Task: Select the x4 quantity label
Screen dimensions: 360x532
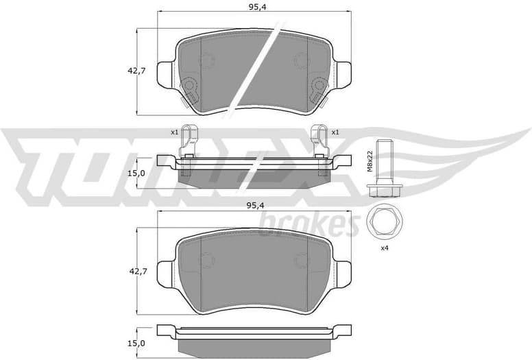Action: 385,248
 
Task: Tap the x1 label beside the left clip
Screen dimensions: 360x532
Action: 174,132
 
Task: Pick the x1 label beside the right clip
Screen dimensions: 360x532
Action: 335,132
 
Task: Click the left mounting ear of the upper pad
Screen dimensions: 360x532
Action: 166,74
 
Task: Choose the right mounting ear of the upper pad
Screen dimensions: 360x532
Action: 343,74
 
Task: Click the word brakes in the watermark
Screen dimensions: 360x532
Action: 309,224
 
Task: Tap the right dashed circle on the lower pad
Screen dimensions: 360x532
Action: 300,261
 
